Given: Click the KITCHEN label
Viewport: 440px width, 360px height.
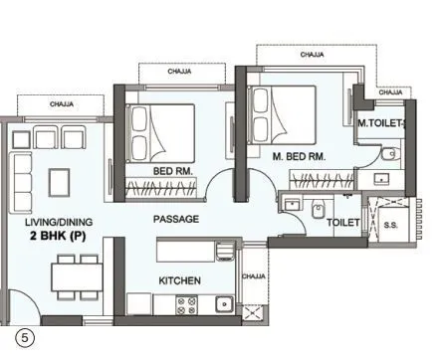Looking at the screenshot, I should (x=180, y=281).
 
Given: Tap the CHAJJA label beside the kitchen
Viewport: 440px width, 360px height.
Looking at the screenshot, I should (x=254, y=275).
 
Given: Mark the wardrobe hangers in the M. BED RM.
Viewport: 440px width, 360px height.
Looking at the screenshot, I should (x=320, y=179).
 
